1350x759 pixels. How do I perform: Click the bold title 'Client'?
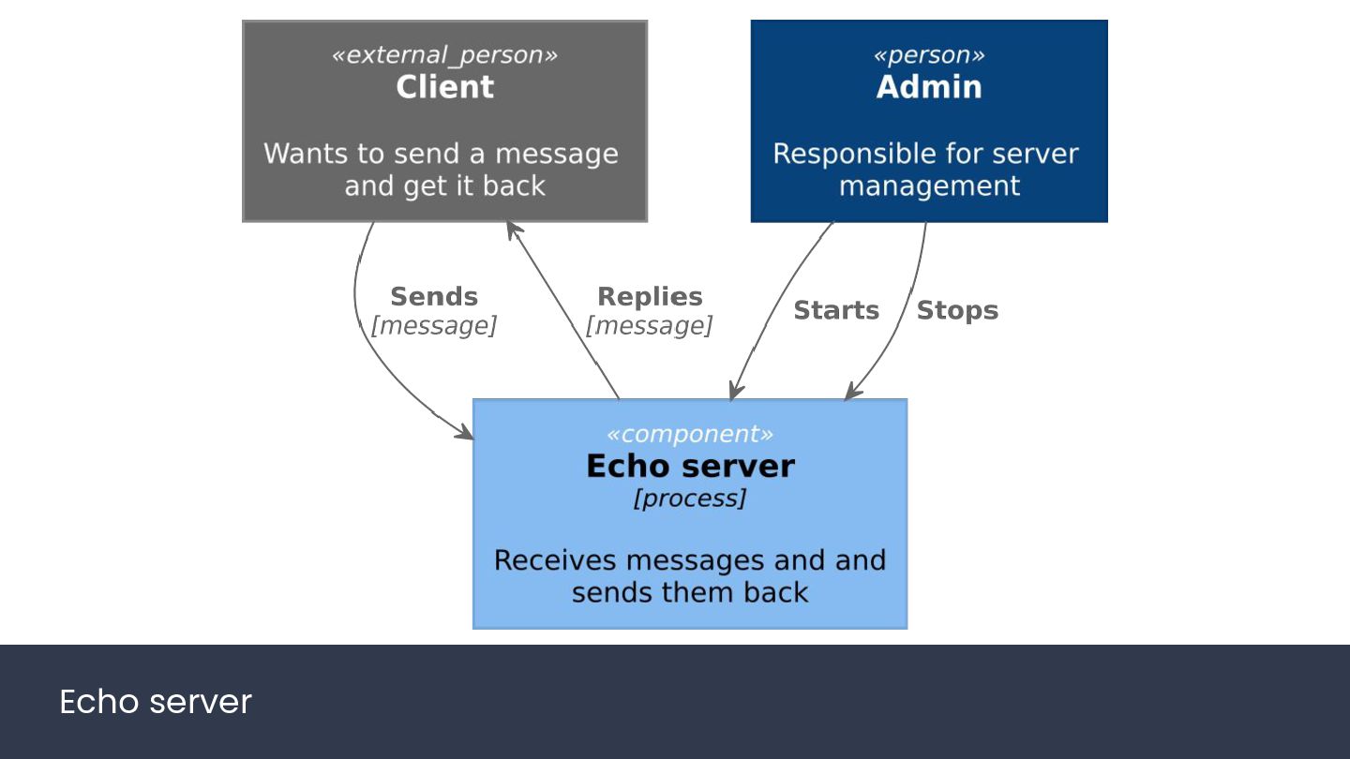[444, 87]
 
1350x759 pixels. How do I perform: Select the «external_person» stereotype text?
[444, 54]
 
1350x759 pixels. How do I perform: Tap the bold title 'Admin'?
[929, 87]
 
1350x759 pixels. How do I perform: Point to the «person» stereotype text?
[929, 54]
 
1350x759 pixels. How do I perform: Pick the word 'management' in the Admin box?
[929, 186]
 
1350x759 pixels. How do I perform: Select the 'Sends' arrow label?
[434, 296]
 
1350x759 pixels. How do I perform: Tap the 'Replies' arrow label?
[650, 296]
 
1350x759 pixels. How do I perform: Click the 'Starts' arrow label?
[836, 310]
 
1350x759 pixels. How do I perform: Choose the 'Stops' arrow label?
[957, 311]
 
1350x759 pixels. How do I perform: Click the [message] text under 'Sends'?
[434, 326]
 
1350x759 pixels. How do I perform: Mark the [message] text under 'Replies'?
[649, 326]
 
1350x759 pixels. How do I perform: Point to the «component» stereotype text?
[690, 434]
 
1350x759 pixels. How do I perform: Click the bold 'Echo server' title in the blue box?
[690, 467]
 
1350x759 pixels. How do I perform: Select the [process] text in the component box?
[690, 499]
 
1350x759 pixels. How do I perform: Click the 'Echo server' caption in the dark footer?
[156, 702]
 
